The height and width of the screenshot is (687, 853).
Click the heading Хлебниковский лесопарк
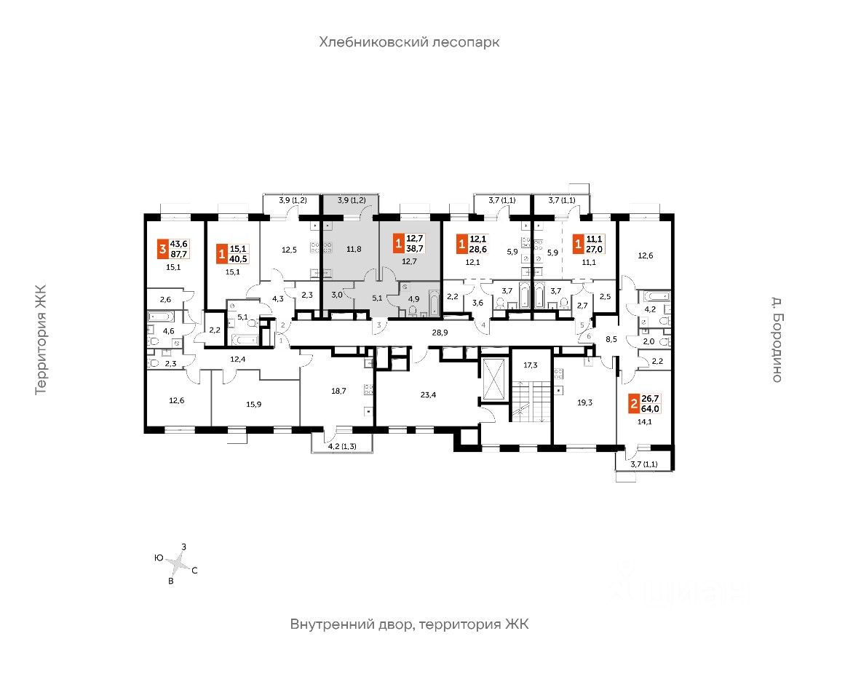(409, 42)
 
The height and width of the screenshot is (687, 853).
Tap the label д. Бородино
(776, 338)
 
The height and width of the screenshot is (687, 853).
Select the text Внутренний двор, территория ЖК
(408, 624)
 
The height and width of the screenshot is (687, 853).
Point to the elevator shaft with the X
(495, 379)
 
